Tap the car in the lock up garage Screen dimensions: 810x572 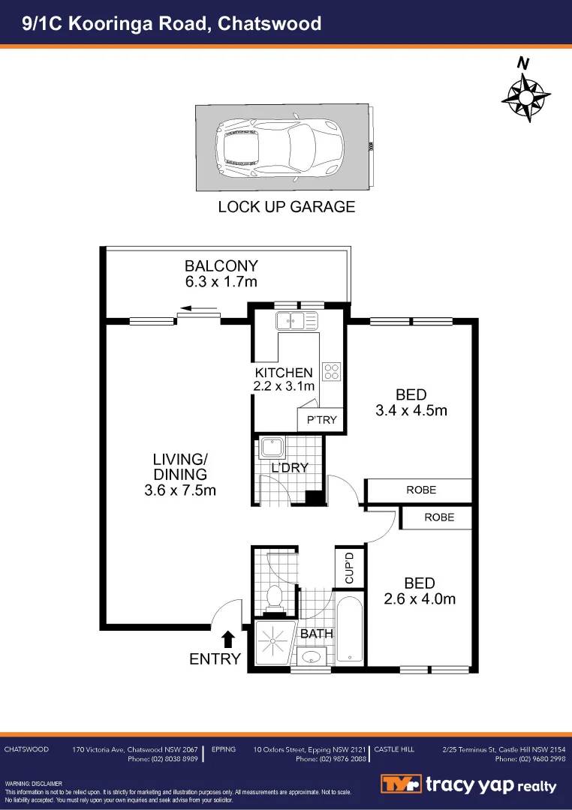click(x=279, y=148)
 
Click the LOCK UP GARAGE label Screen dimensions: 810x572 click(x=286, y=207)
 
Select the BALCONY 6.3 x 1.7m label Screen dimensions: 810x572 click(x=221, y=274)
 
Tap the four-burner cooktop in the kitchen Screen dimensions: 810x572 click(x=332, y=371)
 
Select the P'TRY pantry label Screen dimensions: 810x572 click(x=321, y=420)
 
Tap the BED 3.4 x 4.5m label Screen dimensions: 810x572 click(x=411, y=403)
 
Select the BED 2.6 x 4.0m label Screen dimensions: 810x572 click(x=419, y=591)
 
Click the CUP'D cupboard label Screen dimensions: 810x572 click(x=349, y=568)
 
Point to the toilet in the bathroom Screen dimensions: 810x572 click(x=275, y=598)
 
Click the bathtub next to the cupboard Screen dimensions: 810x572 click(x=349, y=628)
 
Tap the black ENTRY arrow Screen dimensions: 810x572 click(x=228, y=639)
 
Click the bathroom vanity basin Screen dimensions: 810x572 click(x=310, y=658)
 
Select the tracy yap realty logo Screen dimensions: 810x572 click(x=468, y=784)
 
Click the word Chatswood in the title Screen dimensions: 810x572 click(x=269, y=23)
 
